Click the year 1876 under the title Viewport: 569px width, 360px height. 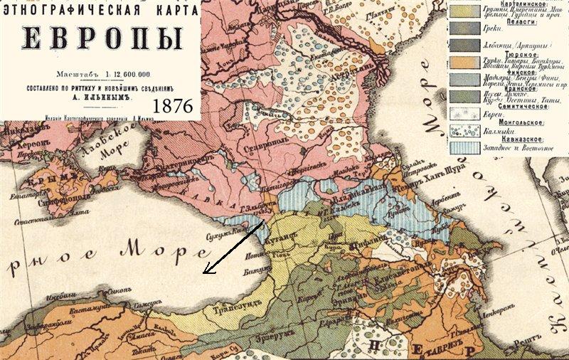173,105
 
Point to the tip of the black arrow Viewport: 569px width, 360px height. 204,273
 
